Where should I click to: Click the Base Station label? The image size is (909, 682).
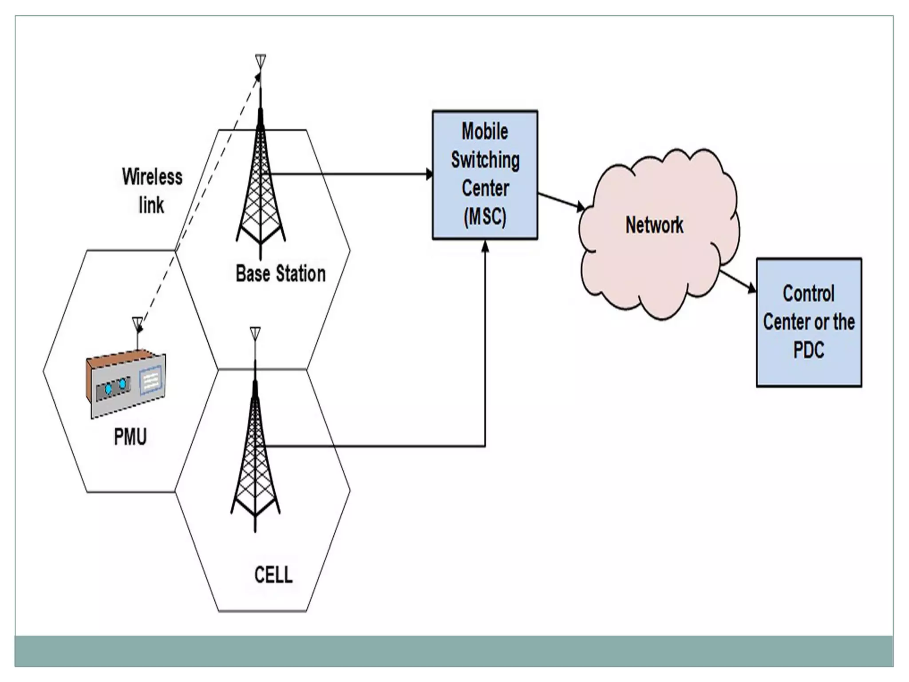(281, 274)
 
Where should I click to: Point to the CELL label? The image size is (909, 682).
(273, 575)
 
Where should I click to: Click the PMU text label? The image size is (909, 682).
(130, 437)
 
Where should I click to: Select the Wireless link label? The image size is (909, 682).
(152, 191)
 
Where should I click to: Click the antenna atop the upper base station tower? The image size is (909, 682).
(261, 61)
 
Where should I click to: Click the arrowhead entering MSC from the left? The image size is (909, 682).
(429, 174)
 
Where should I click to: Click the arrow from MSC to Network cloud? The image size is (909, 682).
(561, 201)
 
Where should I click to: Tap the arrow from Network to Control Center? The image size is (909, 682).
(738, 281)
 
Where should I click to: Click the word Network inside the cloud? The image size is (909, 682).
(654, 225)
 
